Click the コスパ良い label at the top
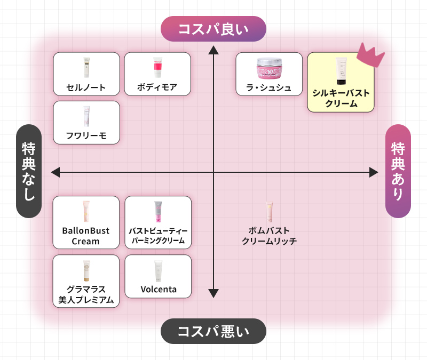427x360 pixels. coord(213,29)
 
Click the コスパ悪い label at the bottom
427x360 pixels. coord(213,331)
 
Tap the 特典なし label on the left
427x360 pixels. coord(29,171)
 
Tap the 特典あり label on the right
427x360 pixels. coord(398,171)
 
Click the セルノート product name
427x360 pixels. coord(86,87)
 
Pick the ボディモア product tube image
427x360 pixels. coord(157,68)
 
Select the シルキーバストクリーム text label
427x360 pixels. coord(341,98)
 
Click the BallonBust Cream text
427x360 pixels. coord(86,236)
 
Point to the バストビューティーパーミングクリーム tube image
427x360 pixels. coord(158,212)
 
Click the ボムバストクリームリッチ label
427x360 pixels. coord(269,236)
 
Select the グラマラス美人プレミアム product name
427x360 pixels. coord(86,294)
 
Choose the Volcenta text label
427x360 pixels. coord(158,290)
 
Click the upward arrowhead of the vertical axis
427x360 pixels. coord(213,50)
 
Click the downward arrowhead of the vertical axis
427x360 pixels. coord(213,293)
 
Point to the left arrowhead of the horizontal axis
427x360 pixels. coord(55,172)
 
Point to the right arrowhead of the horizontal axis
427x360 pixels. coord(373,172)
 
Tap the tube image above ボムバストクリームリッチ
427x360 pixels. coord(269,212)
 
